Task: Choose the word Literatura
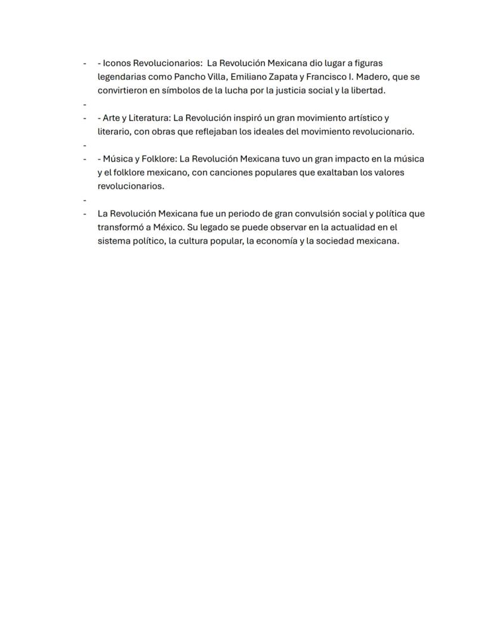click(x=146, y=118)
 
